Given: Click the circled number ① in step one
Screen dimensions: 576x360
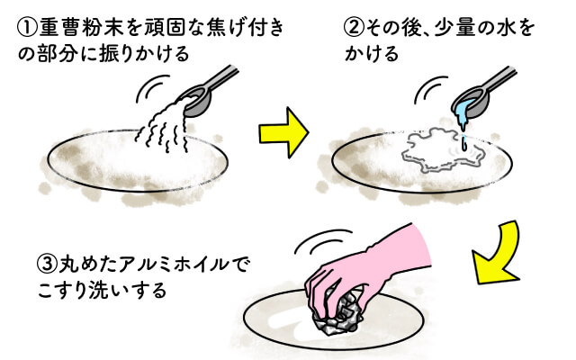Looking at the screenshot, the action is pyautogui.click(x=28, y=28).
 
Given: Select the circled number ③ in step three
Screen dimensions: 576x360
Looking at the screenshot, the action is pyautogui.click(x=48, y=264).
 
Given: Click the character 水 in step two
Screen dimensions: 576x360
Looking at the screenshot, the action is pyautogui.click(x=509, y=28).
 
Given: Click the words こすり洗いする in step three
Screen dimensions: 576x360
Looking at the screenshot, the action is pyautogui.click(x=102, y=290).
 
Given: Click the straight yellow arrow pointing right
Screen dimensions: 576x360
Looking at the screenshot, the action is pyautogui.click(x=283, y=132).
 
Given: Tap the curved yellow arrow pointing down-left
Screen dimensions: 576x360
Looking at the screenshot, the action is pyautogui.click(x=497, y=254).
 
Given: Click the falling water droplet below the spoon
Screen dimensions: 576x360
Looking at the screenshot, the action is pyautogui.click(x=464, y=142).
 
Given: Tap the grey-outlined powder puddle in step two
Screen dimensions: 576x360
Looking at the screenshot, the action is pyautogui.click(x=444, y=149).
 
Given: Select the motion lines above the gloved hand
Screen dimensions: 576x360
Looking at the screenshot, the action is pyautogui.click(x=323, y=239).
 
